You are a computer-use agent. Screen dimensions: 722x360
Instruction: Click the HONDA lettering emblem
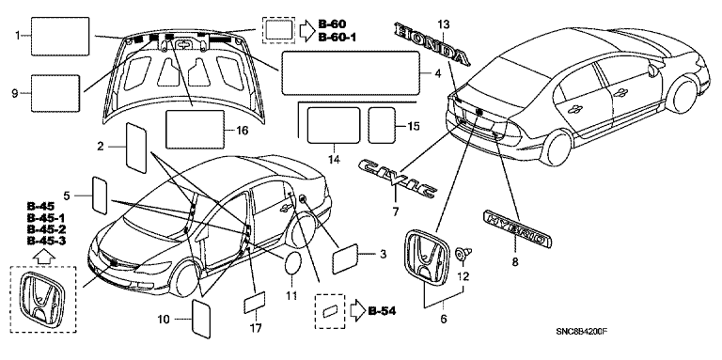tap(432, 44)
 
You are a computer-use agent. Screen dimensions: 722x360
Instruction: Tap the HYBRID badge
tap(517, 228)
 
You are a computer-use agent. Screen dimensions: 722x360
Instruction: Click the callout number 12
tap(463, 276)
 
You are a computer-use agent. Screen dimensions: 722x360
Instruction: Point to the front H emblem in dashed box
tap(42, 298)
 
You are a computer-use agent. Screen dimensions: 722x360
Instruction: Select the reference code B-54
tap(383, 311)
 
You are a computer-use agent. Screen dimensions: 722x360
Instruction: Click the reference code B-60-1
tap(338, 37)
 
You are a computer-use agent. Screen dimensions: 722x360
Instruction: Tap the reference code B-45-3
tap(46, 241)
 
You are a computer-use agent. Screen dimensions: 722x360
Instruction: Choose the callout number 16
tap(242, 131)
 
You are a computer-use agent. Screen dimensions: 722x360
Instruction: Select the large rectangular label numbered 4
tap(351, 73)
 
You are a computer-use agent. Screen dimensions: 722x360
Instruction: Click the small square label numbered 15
tap(382, 125)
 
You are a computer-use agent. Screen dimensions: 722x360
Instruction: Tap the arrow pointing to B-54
tap(357, 311)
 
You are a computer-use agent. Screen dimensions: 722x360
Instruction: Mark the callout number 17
tap(256, 328)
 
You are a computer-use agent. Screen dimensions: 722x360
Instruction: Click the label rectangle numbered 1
tap(60, 37)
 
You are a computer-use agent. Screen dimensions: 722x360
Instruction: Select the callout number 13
tap(444, 23)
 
